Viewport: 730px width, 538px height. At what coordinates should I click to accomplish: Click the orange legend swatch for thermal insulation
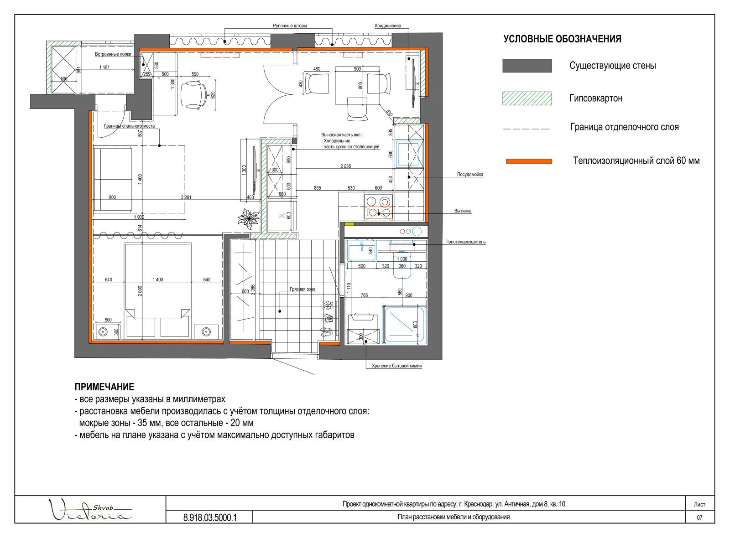529,161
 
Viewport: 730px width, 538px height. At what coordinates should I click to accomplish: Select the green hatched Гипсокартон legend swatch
527,98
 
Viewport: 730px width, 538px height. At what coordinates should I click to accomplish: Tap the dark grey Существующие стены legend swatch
527,66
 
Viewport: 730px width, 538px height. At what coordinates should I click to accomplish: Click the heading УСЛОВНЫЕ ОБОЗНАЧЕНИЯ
562,39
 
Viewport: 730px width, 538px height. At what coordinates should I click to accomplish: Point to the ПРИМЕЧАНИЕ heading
104,387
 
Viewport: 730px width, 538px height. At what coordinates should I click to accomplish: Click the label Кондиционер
388,26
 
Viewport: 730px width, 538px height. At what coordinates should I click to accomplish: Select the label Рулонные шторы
290,26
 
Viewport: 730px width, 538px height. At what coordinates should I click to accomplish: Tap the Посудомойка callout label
470,175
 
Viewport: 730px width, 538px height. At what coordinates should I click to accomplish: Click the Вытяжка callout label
463,211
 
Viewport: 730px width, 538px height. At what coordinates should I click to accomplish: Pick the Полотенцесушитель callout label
465,242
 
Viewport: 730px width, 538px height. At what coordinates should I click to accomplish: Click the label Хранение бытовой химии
396,366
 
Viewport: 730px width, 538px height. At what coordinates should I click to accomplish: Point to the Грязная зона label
302,289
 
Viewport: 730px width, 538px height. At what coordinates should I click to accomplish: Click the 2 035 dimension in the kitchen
345,166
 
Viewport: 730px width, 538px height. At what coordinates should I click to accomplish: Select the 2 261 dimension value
186,197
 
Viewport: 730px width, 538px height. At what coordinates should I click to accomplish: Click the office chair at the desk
194,94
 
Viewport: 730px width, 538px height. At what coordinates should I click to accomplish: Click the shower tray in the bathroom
404,325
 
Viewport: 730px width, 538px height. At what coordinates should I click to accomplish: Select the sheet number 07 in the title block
699,517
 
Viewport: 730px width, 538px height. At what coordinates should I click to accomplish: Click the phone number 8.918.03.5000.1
210,517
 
